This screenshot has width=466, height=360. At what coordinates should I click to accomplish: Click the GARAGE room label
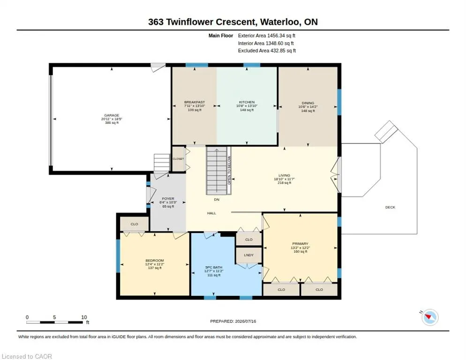point(112,115)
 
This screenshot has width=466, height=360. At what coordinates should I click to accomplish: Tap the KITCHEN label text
point(247,102)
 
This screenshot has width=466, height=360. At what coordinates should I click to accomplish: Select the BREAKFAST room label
point(195,102)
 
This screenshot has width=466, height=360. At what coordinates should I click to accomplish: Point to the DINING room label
point(308,103)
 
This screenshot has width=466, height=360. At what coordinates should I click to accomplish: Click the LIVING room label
point(284,175)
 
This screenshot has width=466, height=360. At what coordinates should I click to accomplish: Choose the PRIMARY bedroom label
point(300,244)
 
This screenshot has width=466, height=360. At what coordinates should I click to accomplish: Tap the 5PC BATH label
point(214,267)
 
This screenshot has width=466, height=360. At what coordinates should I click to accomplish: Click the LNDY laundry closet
point(249,255)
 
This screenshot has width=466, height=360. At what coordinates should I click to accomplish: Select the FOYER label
point(168,199)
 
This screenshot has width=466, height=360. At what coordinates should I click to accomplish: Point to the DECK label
point(390,207)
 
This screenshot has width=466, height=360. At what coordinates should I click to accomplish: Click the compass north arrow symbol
point(430,317)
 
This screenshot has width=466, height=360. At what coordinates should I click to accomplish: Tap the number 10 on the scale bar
point(84,317)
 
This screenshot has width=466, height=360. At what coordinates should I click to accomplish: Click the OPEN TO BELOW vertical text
point(229,170)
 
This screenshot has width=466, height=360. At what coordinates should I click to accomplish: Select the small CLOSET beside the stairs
point(178,159)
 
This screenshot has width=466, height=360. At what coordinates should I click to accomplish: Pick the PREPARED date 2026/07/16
point(246,321)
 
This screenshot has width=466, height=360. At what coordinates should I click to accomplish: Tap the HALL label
point(211,213)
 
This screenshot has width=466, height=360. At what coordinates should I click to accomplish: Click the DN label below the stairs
point(217,200)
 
